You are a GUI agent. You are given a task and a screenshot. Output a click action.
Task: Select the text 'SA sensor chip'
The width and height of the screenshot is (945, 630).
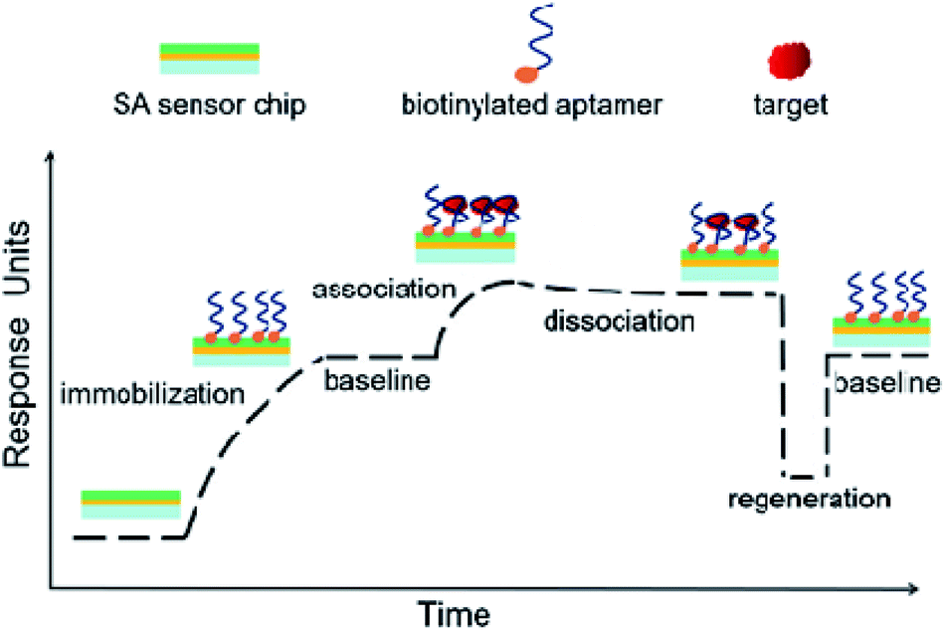coord(211,104)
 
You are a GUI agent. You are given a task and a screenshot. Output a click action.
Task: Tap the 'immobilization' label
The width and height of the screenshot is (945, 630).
coord(152,394)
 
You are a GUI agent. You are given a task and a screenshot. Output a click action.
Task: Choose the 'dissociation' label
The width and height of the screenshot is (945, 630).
coord(617,321)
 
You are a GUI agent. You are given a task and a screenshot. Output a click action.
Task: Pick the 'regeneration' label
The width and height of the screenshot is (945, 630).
coord(806,496)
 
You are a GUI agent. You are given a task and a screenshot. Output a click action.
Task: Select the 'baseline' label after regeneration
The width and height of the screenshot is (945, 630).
coord(885,382)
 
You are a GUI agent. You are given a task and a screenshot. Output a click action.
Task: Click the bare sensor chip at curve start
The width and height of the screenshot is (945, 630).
coord(130,505)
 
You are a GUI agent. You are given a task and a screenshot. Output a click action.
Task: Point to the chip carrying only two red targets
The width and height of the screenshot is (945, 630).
coord(729,239)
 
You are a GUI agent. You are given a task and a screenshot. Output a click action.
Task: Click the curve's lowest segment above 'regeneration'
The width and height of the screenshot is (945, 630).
coord(804,476)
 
